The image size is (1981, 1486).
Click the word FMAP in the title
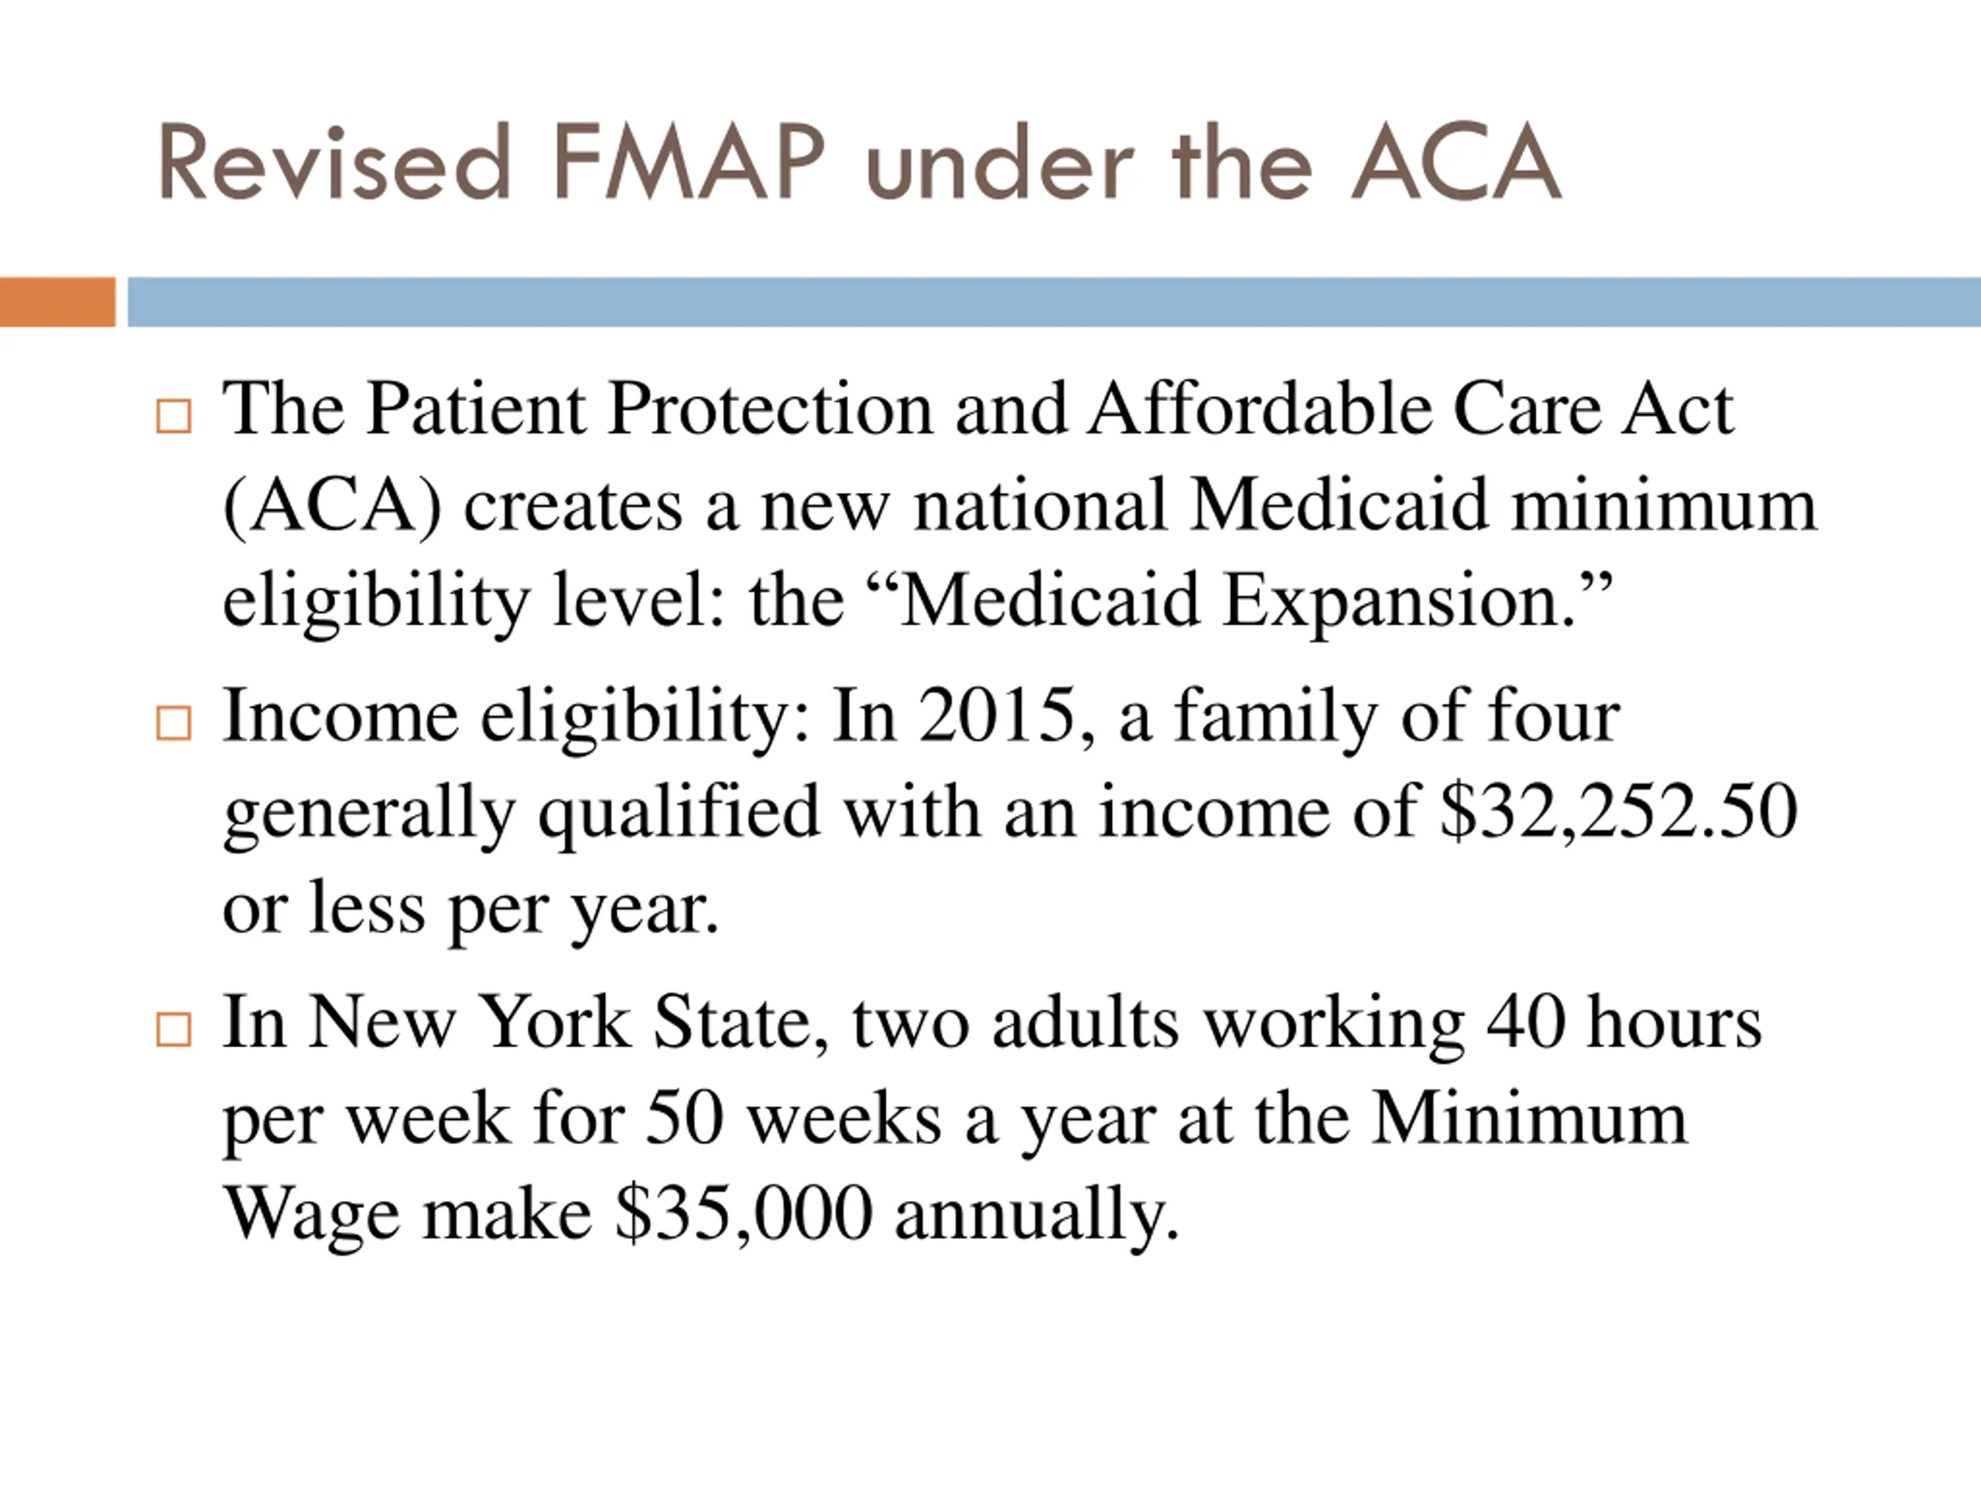688,163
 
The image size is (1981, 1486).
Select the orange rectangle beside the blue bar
57,302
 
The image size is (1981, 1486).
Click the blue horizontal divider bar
1053,302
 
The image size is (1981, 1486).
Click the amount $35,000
744,1214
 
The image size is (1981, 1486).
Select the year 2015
997,717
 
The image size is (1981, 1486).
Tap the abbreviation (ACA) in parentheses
332,506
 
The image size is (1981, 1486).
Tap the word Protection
770,410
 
